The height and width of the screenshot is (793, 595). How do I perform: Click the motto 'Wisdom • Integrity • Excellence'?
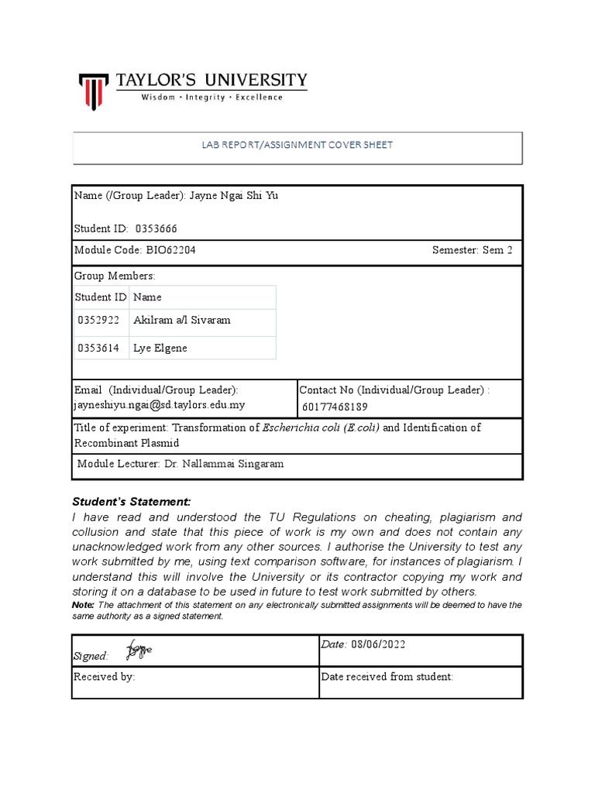click(x=211, y=98)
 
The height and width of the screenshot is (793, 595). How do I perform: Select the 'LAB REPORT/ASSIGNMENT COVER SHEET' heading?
click(x=297, y=145)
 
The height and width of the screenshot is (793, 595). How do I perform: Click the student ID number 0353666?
click(x=161, y=228)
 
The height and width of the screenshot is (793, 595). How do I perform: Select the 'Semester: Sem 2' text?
click(x=472, y=251)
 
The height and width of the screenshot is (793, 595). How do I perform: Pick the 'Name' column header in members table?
click(x=147, y=297)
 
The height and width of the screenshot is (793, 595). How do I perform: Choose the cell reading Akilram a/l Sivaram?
click(x=182, y=321)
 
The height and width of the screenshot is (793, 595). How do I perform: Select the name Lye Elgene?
click(x=160, y=348)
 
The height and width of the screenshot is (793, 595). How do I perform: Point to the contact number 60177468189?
click(x=335, y=407)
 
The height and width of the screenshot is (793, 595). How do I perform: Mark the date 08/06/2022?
click(x=377, y=644)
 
